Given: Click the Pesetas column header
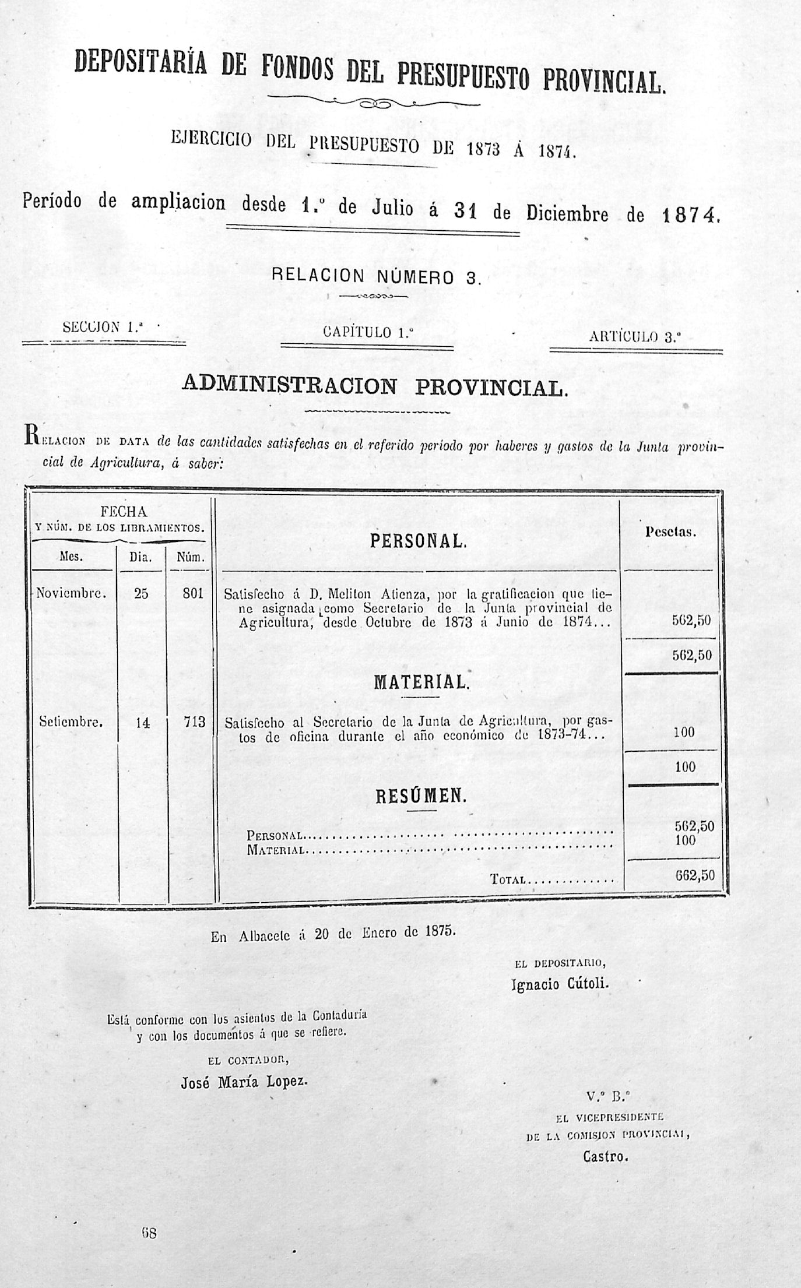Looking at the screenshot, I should click(671, 532).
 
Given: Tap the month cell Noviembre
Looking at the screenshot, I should click(71, 593).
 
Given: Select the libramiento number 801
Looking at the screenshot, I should click(192, 593).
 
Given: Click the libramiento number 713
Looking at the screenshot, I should click(194, 722).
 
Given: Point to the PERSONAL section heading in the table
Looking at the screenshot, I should click(418, 541).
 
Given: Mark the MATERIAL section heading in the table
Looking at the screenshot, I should click(421, 682).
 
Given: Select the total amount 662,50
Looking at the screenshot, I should click(694, 875).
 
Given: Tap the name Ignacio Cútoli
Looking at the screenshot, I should click(560, 984).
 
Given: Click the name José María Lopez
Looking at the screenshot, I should click(244, 1082).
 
